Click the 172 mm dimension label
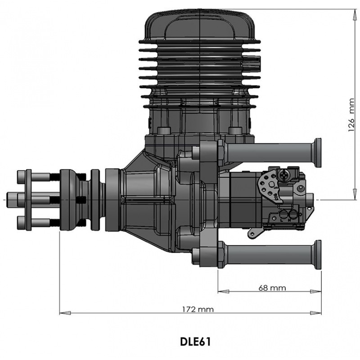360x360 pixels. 198,309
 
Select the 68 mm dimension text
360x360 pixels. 272,288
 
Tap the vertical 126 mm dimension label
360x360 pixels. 351,115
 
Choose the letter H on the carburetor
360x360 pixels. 290,220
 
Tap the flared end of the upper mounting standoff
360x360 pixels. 318,153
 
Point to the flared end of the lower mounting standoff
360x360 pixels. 318,255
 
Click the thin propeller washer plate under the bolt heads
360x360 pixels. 28,199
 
